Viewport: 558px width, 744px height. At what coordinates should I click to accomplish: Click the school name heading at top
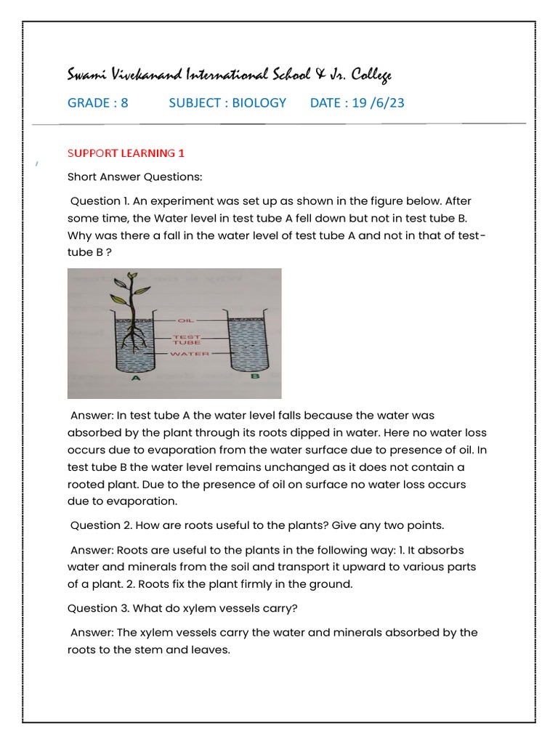230,74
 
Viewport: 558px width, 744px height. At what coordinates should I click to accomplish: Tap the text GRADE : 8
97,102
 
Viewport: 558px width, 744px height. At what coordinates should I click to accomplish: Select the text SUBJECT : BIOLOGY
227,102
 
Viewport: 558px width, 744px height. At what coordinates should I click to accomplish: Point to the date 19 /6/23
378,102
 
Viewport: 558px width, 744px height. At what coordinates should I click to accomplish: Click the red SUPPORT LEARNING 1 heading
126,153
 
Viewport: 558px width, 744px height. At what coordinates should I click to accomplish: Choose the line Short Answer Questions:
134,177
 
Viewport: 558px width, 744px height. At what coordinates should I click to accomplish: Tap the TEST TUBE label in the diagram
181,339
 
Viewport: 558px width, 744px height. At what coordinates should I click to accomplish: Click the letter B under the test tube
254,376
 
